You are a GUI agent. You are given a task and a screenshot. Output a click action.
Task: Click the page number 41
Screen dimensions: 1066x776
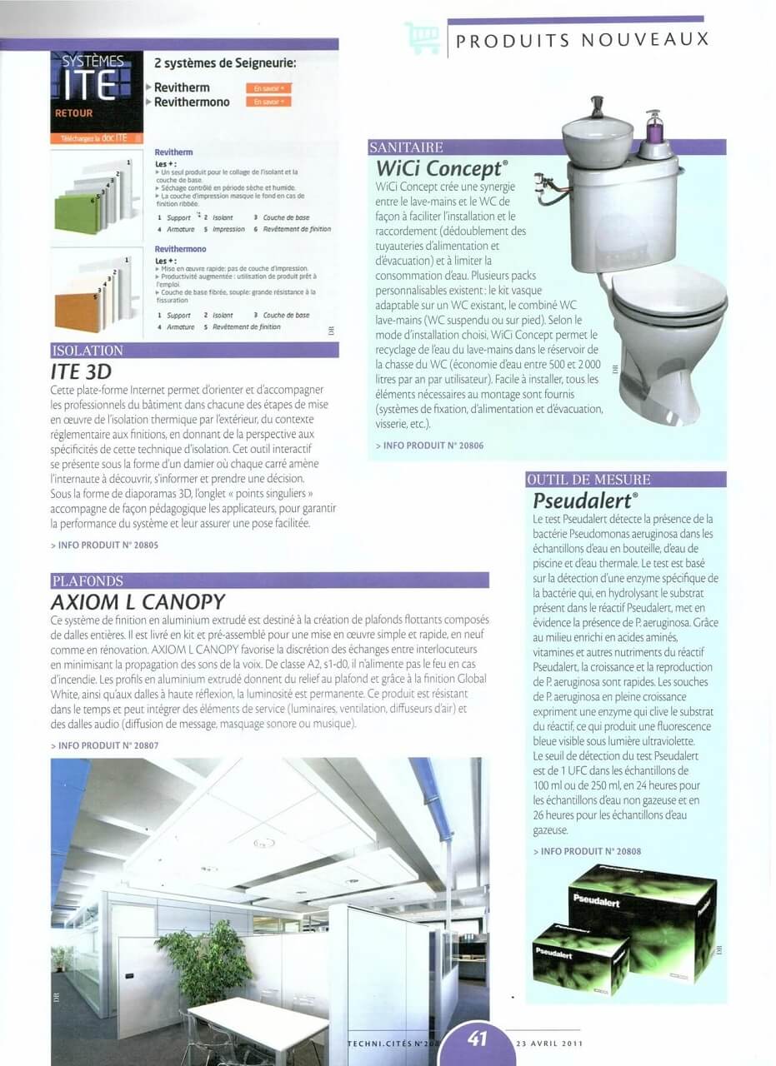(x=477, y=1039)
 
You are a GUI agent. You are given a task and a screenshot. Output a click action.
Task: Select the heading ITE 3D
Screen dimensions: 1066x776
(x=81, y=371)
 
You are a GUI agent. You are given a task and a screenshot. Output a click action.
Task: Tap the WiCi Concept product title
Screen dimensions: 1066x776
(x=442, y=168)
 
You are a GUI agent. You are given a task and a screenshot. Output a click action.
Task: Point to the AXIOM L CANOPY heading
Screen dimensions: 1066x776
(x=138, y=600)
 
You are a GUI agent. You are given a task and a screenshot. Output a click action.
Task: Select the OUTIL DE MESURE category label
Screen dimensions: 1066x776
(x=588, y=480)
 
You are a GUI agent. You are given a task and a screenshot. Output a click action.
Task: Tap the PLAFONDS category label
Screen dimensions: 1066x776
(x=88, y=580)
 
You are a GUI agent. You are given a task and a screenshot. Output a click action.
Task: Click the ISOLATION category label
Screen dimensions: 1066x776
(x=88, y=351)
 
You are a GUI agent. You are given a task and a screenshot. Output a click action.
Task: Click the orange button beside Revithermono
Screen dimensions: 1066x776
(x=268, y=102)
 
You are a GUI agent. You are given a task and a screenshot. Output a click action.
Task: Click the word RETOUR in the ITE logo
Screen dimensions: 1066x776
(x=74, y=112)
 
